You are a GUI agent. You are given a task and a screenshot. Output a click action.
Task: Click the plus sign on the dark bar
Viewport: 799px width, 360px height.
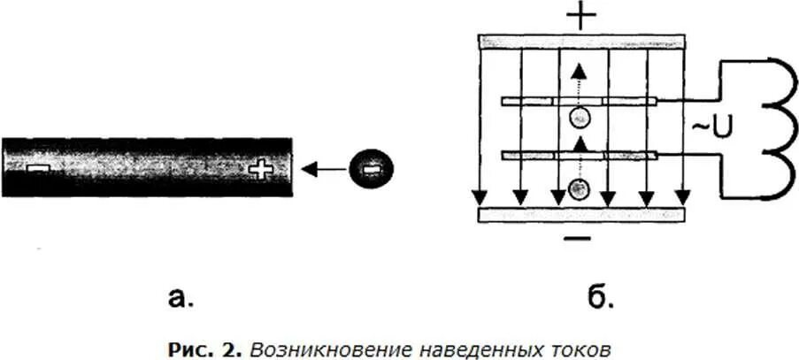(260, 168)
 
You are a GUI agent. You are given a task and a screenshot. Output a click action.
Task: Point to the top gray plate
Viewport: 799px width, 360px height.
(581, 42)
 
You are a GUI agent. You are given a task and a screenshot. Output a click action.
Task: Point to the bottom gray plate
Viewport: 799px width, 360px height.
(581, 214)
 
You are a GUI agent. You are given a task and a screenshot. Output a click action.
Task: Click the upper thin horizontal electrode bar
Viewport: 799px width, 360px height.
(580, 101)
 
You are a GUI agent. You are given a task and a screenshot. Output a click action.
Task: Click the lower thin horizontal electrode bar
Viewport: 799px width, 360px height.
(580, 155)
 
